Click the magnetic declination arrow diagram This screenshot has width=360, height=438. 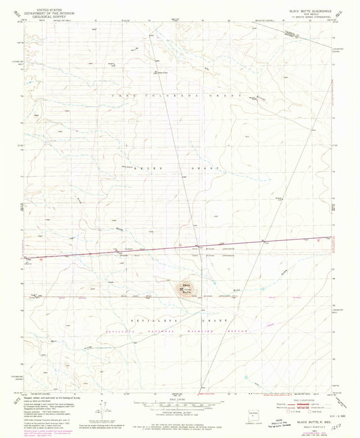101,409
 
